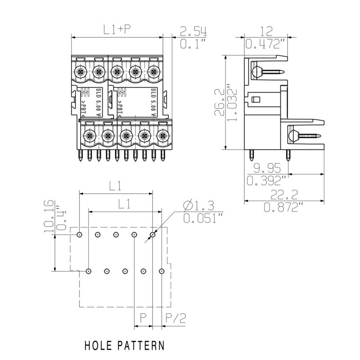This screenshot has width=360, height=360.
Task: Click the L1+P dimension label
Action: pos(117,30)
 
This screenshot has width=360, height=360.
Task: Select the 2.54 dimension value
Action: pos(193,31)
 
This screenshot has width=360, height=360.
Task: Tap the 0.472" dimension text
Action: pos(266,44)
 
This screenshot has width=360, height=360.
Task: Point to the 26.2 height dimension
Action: pos(219,103)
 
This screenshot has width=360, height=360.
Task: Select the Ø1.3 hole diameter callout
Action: pos(198,206)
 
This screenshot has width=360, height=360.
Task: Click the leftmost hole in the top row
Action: pos(79,234)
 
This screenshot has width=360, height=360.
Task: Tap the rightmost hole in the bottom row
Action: pos(162,271)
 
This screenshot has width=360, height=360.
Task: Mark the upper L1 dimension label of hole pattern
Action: pos(115,185)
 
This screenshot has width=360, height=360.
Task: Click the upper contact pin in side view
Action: pos(268,71)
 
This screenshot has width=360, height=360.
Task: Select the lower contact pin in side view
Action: pos(304,135)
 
